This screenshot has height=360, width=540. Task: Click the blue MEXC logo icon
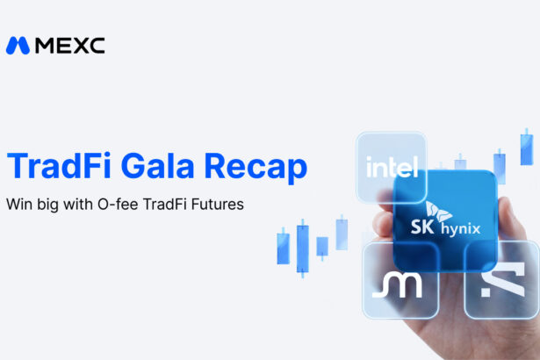(x=18, y=46)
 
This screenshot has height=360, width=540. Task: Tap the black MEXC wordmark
(x=70, y=46)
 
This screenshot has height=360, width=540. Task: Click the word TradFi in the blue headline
(x=59, y=166)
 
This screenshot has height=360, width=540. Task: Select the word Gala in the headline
(x=158, y=166)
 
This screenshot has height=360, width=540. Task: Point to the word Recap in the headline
(x=256, y=168)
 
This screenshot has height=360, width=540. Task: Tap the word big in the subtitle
(x=48, y=205)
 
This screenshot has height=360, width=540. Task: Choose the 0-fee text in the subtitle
(x=119, y=205)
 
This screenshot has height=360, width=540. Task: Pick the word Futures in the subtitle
(x=218, y=205)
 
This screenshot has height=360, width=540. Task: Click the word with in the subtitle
(x=78, y=205)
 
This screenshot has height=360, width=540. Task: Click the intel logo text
(x=392, y=167)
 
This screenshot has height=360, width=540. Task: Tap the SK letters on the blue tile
(x=422, y=227)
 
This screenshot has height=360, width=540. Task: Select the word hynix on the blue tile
(x=461, y=229)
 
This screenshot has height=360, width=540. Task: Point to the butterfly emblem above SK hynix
(x=438, y=212)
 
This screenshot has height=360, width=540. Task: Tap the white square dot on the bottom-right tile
(x=486, y=292)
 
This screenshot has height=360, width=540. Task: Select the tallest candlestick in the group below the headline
(x=303, y=248)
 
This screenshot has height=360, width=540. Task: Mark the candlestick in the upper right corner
(x=527, y=148)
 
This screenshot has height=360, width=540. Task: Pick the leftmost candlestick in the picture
(x=284, y=247)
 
